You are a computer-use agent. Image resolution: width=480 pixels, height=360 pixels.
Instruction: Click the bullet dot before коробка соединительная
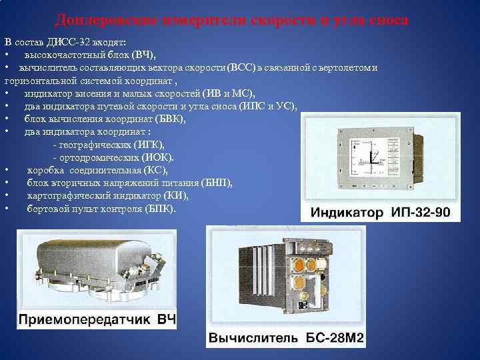pos(6,170)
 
